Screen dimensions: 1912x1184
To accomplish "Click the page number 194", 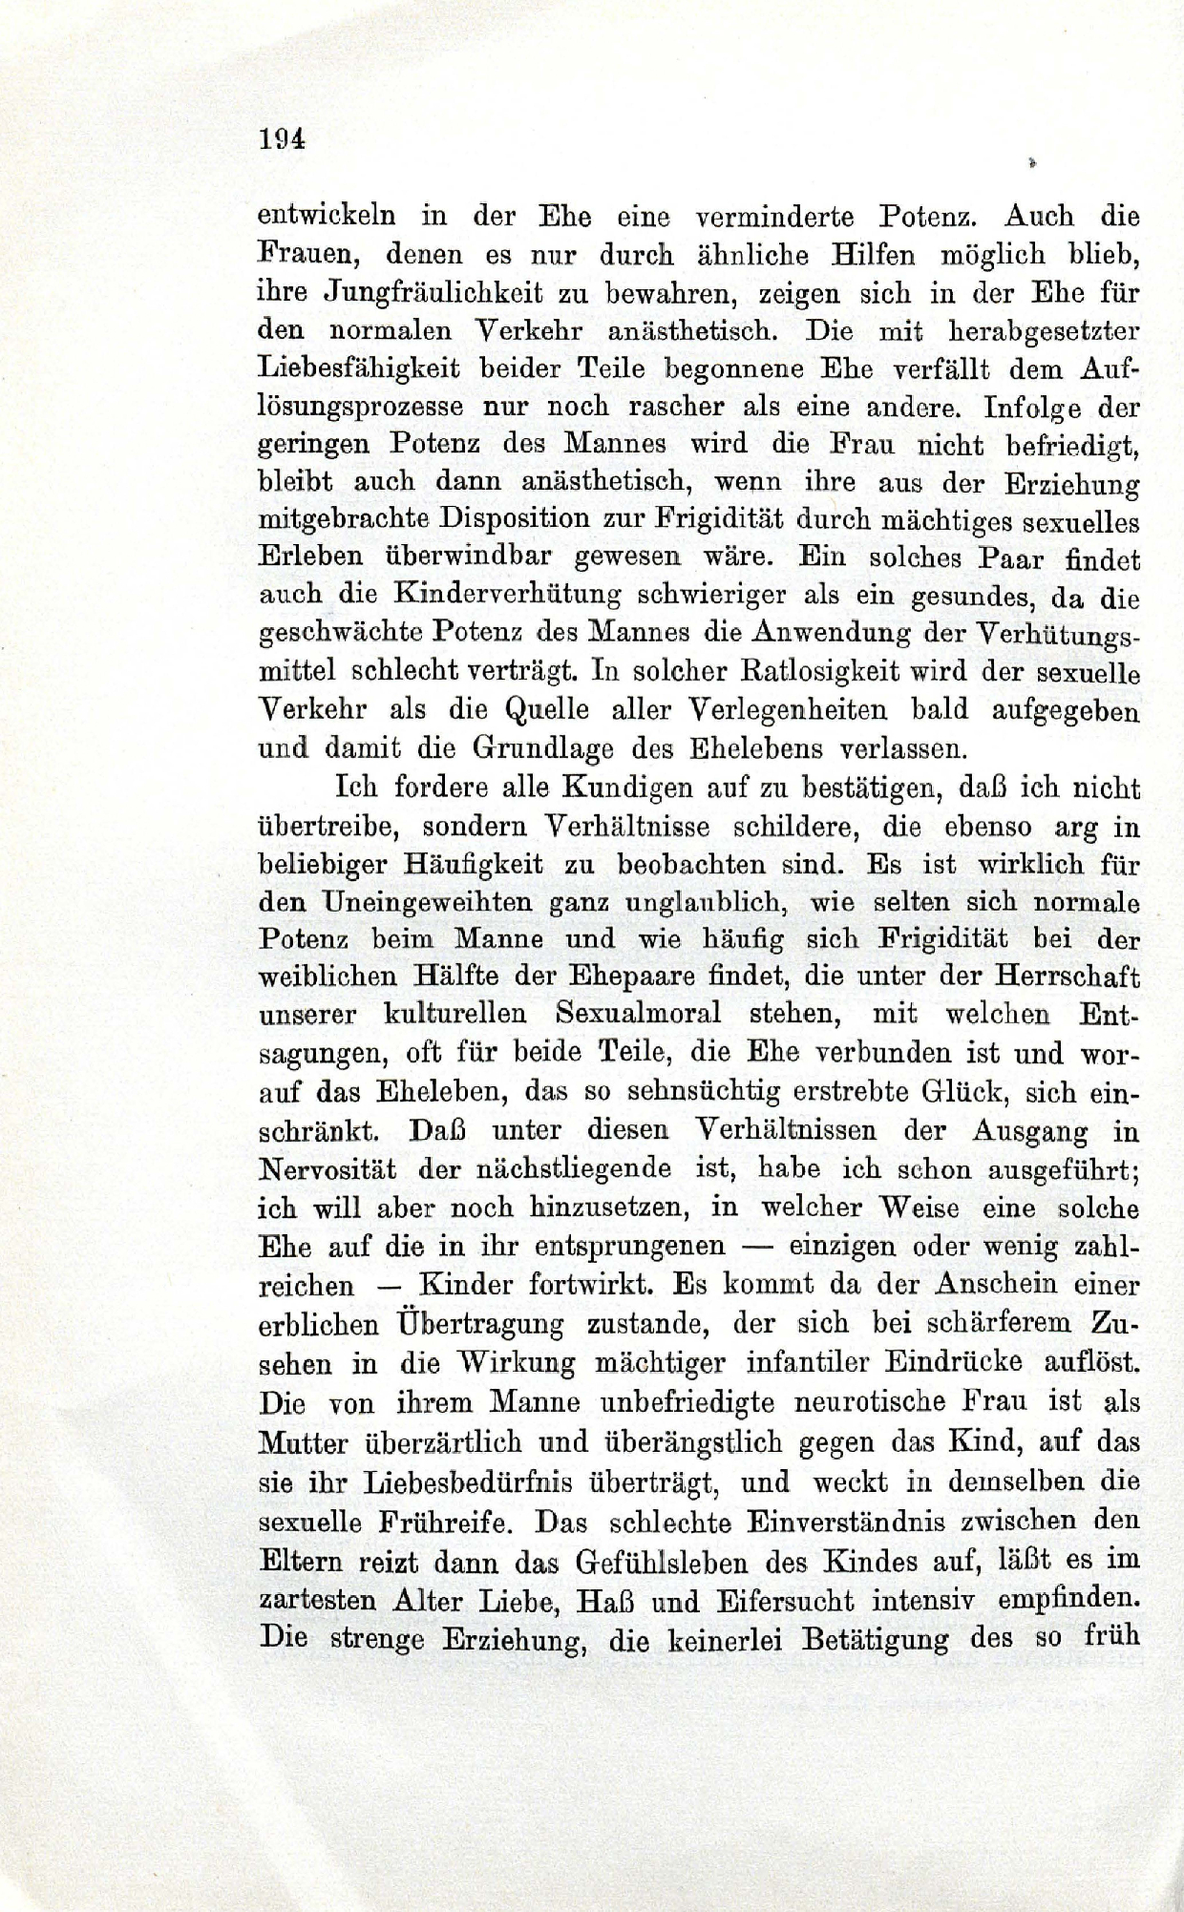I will tap(281, 138).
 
